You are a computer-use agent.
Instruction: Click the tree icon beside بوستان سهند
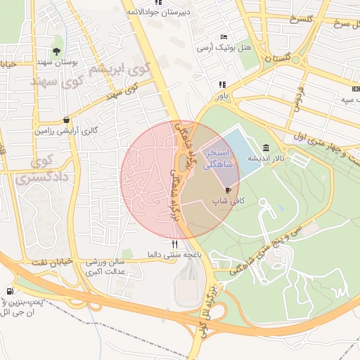point(56,51)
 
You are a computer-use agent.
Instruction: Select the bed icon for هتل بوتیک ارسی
point(224,37)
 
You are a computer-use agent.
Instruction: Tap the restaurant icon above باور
point(221,84)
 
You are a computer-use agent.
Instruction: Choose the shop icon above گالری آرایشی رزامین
point(65,120)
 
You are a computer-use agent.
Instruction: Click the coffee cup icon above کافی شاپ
point(227,190)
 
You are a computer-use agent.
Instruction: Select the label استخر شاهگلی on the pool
point(221,159)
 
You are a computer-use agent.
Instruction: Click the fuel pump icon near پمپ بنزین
point(9,291)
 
